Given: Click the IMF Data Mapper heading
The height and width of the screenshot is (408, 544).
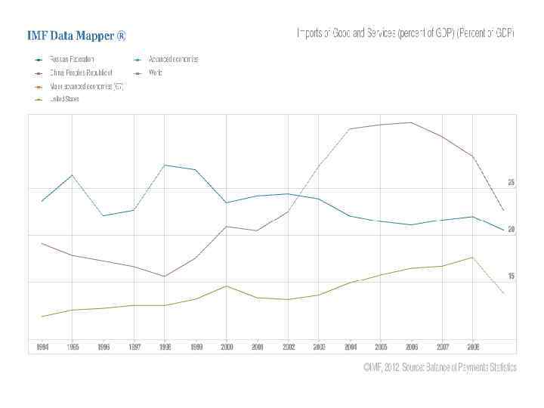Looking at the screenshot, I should (x=76, y=36).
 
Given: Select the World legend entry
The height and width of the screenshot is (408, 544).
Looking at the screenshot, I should (x=155, y=73).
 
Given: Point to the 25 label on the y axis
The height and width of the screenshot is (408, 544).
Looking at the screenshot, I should (x=512, y=183).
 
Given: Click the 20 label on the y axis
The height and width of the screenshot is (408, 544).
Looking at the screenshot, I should (x=512, y=230).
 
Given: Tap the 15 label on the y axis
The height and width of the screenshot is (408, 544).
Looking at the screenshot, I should (x=512, y=277).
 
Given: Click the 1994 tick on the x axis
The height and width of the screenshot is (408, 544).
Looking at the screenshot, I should (x=42, y=347).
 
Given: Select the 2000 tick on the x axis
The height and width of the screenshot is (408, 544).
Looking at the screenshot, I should (x=227, y=347).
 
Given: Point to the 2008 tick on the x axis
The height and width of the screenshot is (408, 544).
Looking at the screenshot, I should (x=472, y=347).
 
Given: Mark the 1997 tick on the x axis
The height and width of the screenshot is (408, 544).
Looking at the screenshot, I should (x=134, y=347).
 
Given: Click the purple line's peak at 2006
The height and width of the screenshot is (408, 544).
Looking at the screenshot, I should (x=410, y=122).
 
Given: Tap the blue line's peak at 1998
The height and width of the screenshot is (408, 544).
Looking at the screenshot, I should (x=165, y=165).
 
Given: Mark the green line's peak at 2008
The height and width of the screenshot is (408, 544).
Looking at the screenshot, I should (x=472, y=258).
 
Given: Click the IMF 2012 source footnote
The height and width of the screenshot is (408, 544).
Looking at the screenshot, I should (x=440, y=368).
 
